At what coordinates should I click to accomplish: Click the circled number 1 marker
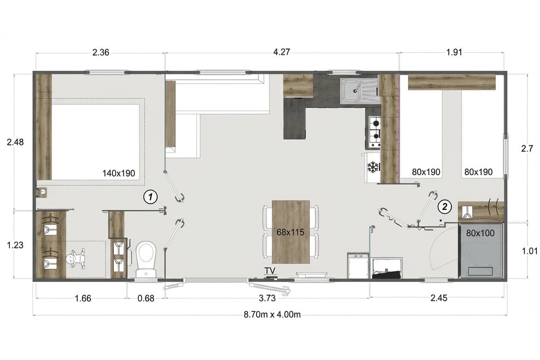point(150,197)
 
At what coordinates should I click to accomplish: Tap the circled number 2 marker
point(445,207)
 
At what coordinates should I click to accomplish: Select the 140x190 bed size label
point(119,173)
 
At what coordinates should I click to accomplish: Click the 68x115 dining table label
point(290,232)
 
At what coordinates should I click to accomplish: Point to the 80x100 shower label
point(480,233)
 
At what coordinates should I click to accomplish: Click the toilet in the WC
point(146,259)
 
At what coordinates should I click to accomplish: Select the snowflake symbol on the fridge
point(373,167)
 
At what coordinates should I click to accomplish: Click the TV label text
point(270,271)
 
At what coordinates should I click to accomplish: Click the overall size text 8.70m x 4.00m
point(272,315)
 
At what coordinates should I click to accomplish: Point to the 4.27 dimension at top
point(282,52)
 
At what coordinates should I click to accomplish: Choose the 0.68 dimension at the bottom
point(146,298)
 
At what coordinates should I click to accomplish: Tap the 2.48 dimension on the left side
point(15,142)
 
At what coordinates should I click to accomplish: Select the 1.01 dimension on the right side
point(530,251)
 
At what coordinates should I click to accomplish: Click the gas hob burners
point(375,131)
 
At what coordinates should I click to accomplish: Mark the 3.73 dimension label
point(267,298)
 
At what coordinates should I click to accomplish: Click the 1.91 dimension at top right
point(454,52)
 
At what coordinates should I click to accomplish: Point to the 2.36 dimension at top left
point(101,52)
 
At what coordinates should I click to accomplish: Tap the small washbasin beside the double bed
point(41,193)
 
